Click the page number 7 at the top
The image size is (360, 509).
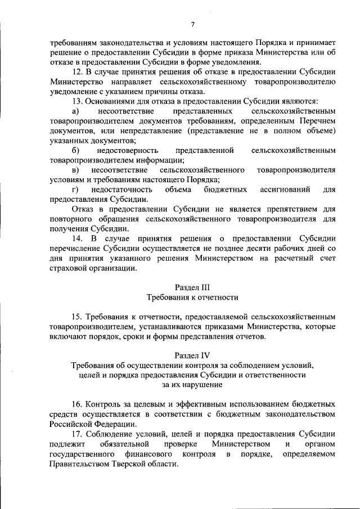[192, 24]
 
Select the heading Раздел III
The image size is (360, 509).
[192, 286]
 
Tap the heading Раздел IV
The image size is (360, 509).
[192, 355]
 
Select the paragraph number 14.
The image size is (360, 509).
[79, 238]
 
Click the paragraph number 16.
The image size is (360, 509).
[79, 404]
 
